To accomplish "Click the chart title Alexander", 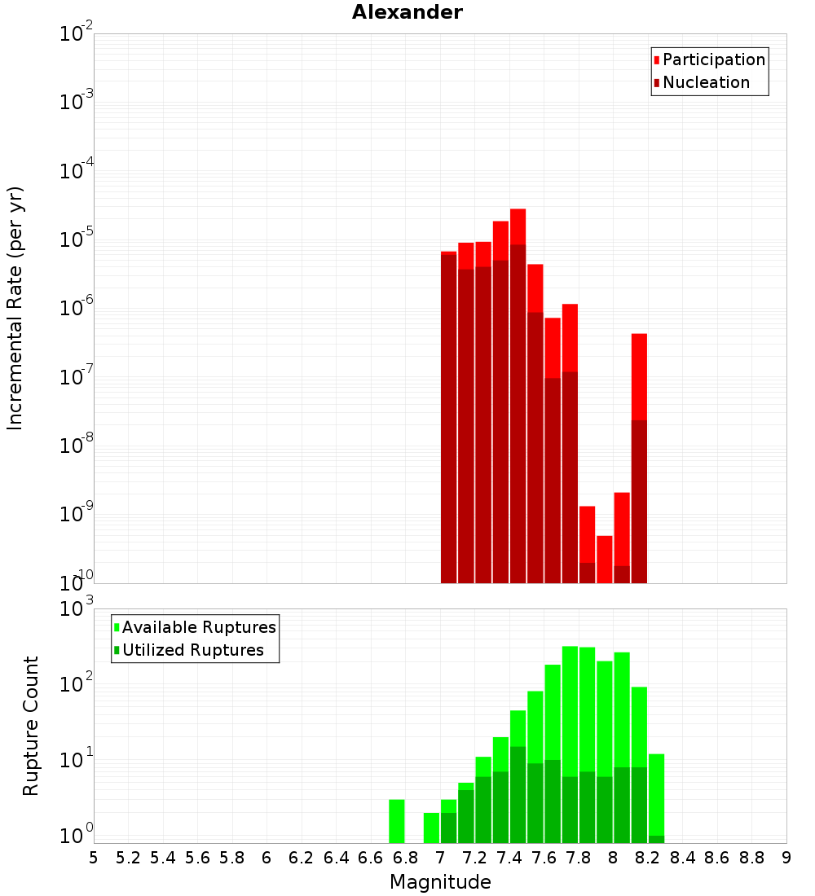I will tap(407, 12).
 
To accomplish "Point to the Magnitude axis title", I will tap(440, 881).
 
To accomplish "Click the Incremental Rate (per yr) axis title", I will tap(15, 308).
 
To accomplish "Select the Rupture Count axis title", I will tap(31, 726).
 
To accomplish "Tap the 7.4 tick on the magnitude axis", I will tap(509, 858).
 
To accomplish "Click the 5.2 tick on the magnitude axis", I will tap(128, 858).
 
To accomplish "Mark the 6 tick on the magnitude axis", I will tap(267, 858).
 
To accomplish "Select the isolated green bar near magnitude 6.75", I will tap(397, 821).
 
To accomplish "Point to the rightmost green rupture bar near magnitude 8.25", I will tap(657, 794).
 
